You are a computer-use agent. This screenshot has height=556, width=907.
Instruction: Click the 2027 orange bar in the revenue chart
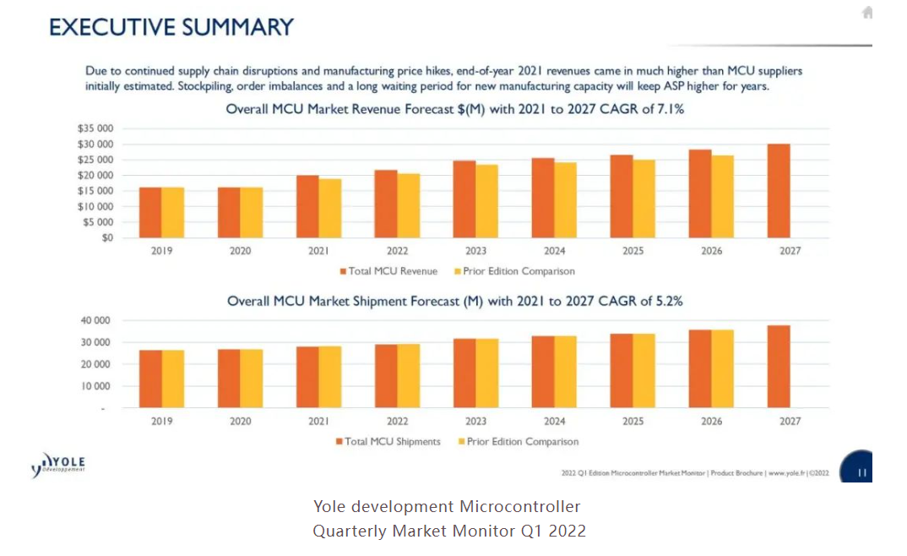(778, 191)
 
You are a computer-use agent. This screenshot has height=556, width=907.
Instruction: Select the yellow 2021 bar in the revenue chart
(330, 208)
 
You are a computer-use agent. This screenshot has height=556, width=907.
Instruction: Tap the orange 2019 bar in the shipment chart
(150, 379)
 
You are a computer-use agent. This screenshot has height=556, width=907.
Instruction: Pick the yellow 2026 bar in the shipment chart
(723, 369)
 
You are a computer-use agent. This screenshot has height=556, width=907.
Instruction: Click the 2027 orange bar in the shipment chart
(778, 367)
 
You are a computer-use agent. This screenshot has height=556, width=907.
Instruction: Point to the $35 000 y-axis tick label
(95, 129)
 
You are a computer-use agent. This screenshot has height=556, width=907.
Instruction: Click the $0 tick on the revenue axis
(106, 237)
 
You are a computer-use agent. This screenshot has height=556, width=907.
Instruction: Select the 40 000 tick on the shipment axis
(95, 321)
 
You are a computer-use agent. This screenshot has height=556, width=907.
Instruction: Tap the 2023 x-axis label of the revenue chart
(475, 252)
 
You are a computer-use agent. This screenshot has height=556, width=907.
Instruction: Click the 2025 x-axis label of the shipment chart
(633, 422)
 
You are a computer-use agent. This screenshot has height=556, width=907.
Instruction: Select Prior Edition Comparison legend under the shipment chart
(522, 442)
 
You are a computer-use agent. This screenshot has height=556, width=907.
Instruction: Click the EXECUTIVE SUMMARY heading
(171, 27)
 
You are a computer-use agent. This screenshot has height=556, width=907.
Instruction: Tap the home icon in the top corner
(866, 13)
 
